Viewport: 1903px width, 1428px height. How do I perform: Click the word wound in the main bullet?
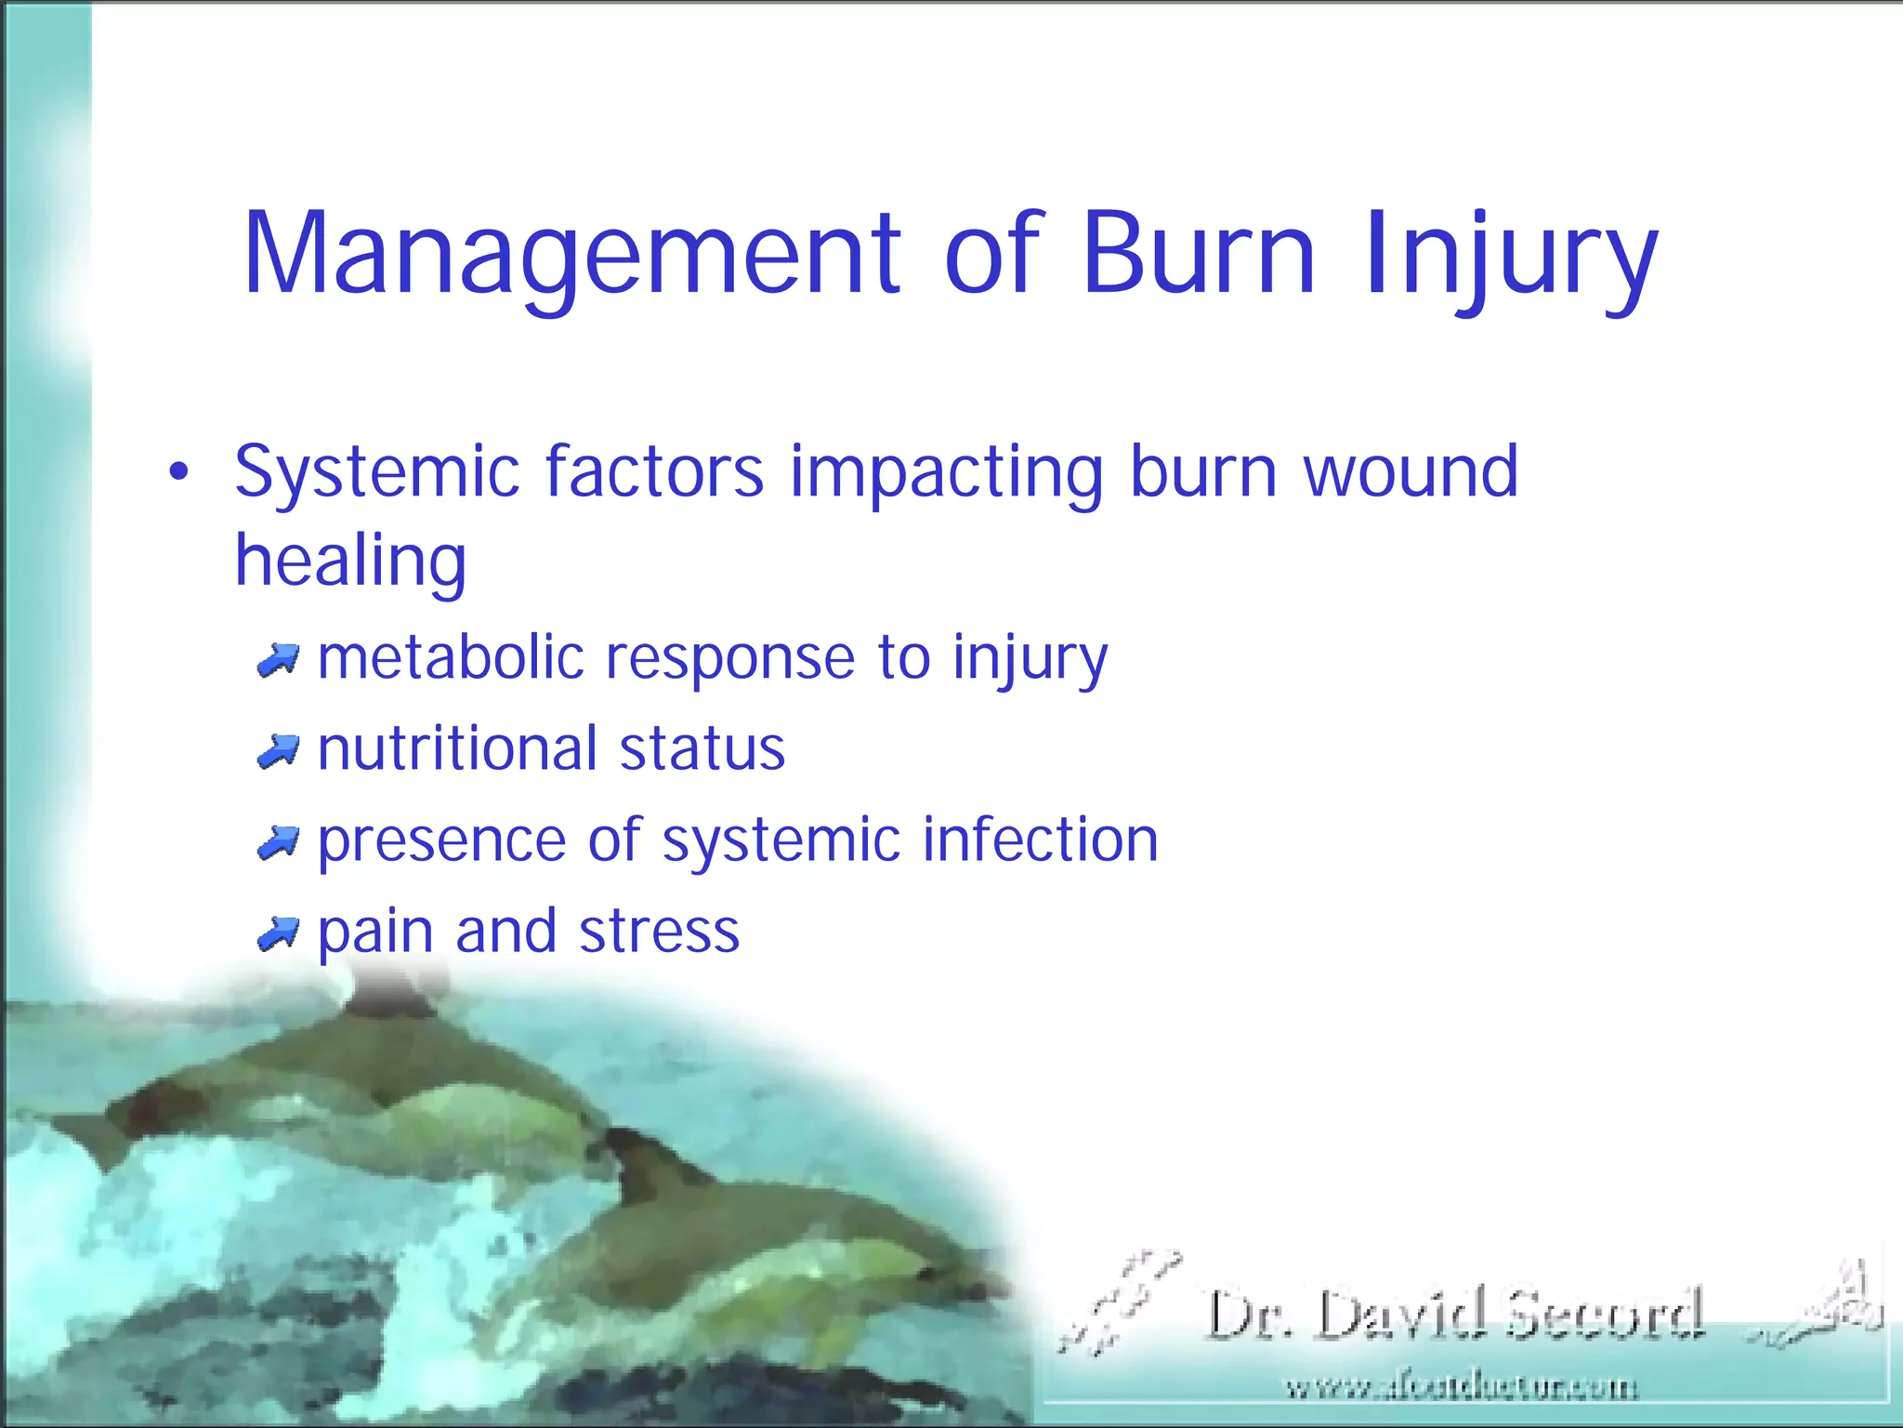1411,471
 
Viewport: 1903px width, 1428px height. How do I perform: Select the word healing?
350,562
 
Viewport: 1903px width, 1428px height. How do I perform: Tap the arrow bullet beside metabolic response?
278,660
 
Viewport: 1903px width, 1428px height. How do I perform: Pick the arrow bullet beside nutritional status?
278,750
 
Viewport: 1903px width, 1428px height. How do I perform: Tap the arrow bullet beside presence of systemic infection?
278,842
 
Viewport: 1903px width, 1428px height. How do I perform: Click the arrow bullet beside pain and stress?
278,933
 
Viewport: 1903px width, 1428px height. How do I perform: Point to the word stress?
659,932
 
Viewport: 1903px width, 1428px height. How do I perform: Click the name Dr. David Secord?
1454,1315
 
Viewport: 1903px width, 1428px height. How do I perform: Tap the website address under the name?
1461,1388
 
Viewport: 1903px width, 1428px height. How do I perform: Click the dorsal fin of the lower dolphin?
641,1162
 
